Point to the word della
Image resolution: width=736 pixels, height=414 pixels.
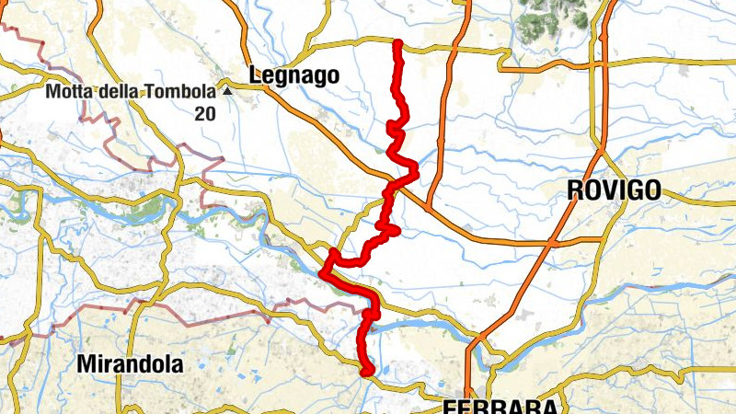(122, 92)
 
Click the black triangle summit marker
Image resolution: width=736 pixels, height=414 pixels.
(225, 92)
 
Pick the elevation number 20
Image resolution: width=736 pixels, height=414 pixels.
(204, 113)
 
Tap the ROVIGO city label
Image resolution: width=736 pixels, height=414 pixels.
(615, 190)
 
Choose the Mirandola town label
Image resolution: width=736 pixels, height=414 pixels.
(130, 363)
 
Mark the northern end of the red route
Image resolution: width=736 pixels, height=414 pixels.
(397, 43)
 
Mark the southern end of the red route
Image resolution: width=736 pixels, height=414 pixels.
(367, 372)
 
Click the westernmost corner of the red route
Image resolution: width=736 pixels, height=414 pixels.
(323, 271)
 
